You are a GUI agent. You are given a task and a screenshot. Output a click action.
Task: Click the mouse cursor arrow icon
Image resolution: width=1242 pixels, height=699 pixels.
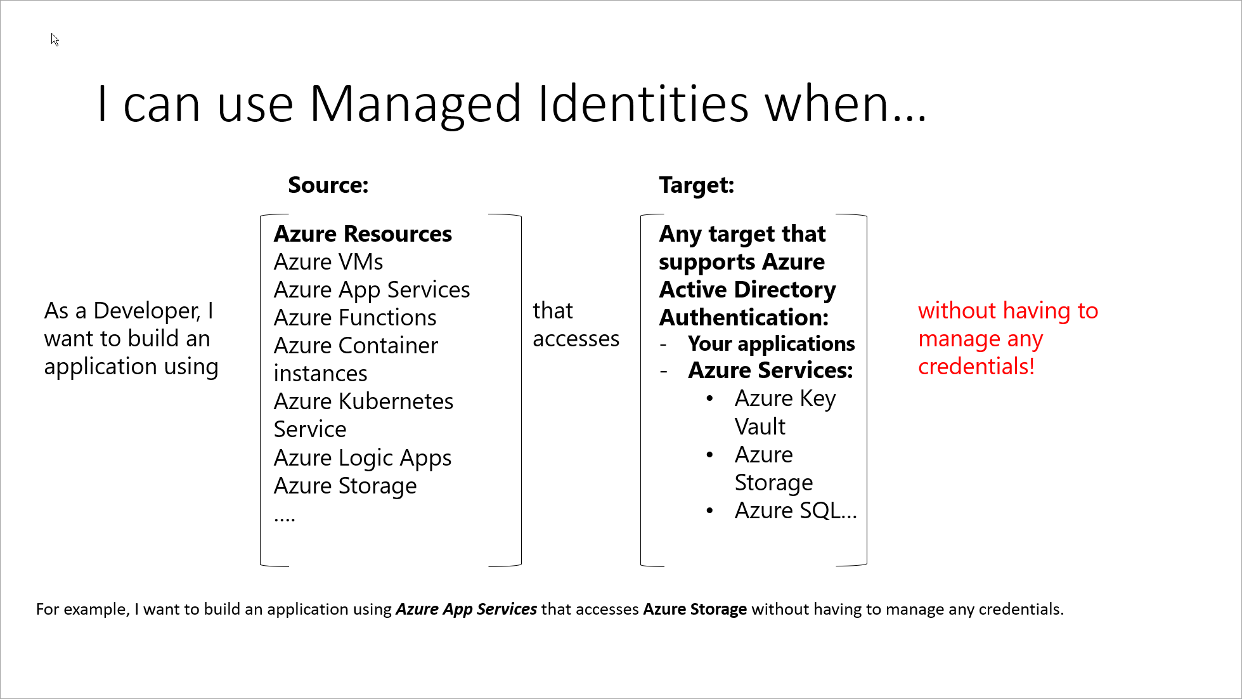(55, 39)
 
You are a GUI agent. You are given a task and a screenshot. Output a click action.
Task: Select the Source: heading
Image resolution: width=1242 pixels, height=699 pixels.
(328, 185)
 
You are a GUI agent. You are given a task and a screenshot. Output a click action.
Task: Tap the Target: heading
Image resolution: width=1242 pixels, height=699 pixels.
(696, 185)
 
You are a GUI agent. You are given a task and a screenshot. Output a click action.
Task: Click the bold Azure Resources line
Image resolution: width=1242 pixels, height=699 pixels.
(363, 234)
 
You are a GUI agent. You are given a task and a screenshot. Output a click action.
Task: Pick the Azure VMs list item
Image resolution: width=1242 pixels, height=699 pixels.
(328, 262)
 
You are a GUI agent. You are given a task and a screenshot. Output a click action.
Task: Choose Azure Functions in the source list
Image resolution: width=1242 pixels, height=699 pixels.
(355, 318)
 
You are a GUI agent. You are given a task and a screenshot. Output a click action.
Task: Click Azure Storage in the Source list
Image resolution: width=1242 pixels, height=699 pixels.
(346, 487)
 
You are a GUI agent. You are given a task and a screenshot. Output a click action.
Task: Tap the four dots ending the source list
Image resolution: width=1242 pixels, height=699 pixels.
(285, 519)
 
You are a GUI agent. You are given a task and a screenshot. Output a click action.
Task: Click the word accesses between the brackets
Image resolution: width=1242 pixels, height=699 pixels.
(576, 339)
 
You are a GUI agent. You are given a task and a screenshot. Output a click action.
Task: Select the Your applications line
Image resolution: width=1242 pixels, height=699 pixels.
(771, 344)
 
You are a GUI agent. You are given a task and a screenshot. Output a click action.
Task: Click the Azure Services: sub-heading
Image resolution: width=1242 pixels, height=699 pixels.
(770, 370)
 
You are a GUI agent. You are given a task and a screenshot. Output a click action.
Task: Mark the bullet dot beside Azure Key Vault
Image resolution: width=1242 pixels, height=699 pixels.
(709, 399)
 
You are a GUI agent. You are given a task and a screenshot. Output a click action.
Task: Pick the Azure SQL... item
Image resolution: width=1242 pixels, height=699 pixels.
(796, 511)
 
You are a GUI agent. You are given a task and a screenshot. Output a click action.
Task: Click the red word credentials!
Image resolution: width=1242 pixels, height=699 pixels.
(976, 367)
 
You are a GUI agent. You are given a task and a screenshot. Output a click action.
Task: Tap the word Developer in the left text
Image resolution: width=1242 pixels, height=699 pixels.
(146, 311)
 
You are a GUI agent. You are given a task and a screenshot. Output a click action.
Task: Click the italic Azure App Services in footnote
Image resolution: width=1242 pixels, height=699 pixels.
(467, 610)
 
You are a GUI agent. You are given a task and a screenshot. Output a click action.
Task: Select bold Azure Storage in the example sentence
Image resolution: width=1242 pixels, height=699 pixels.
(695, 610)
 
